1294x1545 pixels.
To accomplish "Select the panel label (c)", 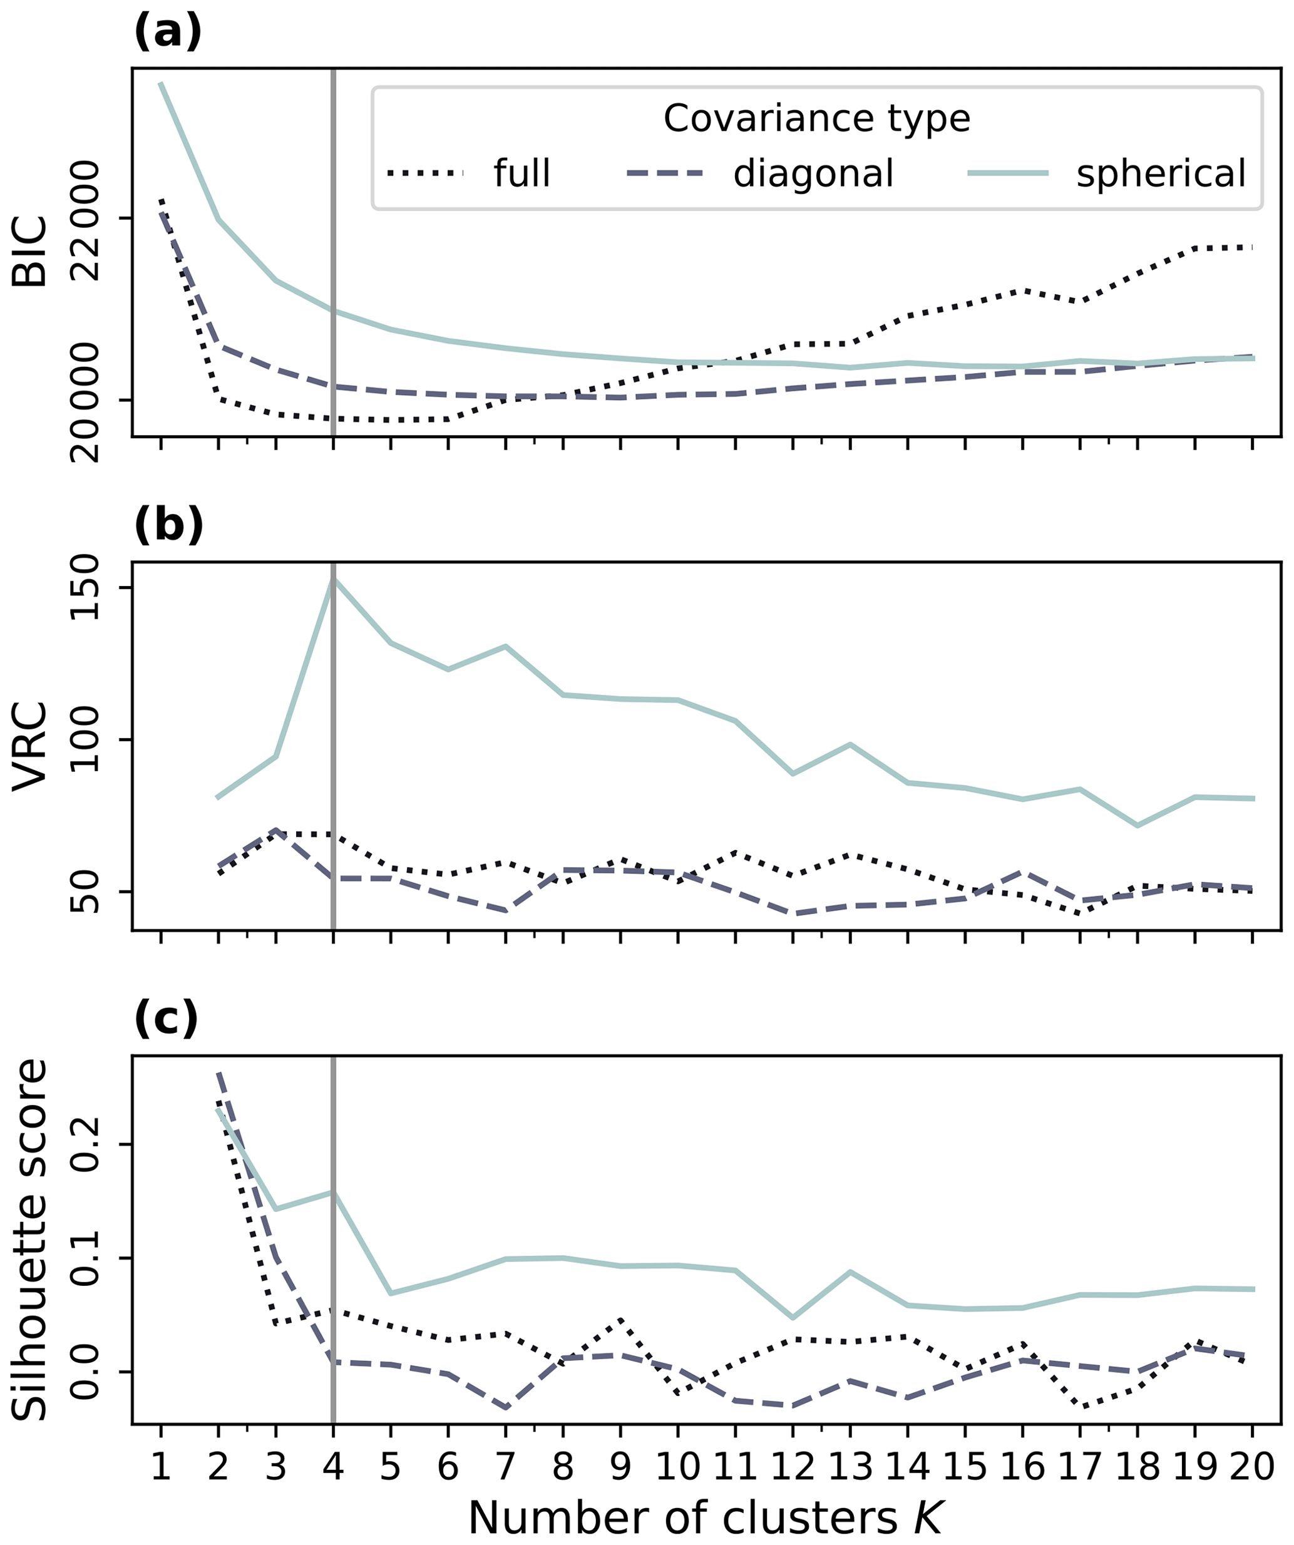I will pos(167,1020).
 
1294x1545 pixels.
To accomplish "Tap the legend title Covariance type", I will pos(816,118).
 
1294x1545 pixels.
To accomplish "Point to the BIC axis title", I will pos(29,252).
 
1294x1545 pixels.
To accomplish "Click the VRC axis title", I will pos(29,746).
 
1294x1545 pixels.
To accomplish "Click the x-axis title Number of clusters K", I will pos(705,1517).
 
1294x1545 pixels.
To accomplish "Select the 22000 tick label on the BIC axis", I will pos(88,219).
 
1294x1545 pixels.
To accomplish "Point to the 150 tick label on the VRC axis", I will pos(88,587).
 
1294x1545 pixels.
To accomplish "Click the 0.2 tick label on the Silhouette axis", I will pos(88,1144).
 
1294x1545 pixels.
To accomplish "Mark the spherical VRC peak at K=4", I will pos(333,580).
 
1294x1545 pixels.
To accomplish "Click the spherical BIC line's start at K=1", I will pos(161,84).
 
